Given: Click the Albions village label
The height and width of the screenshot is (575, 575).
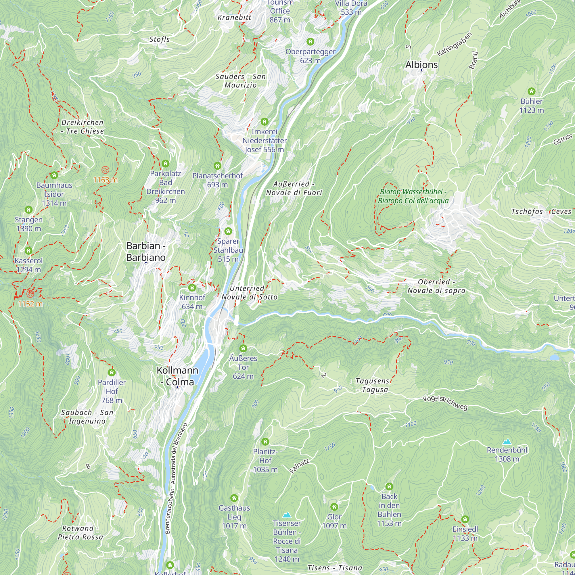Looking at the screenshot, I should tap(421, 65).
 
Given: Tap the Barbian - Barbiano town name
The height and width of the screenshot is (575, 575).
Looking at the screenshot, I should tap(146, 252).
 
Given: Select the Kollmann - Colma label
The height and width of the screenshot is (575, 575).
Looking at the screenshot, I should tap(177, 376).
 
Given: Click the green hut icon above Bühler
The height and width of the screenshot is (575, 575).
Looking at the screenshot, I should tap(532, 91).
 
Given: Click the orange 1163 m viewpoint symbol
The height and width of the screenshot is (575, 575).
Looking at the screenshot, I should tap(105, 170).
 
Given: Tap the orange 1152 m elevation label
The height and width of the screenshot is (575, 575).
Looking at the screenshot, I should tap(30, 304).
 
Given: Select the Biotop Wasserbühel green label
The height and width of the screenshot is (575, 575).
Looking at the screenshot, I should tap(413, 196).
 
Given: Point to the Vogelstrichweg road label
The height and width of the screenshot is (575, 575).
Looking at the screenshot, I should tap(445, 402).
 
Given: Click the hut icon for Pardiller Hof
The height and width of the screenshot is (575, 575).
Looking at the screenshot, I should tap(112, 372).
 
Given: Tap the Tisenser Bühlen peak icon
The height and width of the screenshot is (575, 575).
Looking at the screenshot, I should tap(287, 515).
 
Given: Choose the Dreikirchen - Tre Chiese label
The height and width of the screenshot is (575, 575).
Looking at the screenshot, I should tap(83, 127).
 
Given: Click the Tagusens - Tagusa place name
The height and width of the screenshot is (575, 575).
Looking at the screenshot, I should tap(372, 386).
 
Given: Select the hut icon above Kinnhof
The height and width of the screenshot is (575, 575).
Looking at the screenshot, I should tap(192, 288).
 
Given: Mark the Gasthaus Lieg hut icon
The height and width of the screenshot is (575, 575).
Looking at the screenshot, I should tap(234, 498).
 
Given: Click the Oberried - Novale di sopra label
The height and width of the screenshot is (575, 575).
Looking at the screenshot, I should tap(436, 286).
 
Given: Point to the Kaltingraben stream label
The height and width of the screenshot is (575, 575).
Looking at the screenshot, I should tap(455, 44).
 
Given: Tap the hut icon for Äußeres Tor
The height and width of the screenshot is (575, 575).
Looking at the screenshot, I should tap(243, 348).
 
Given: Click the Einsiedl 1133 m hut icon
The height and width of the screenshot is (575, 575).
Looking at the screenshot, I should tap(465, 519).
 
